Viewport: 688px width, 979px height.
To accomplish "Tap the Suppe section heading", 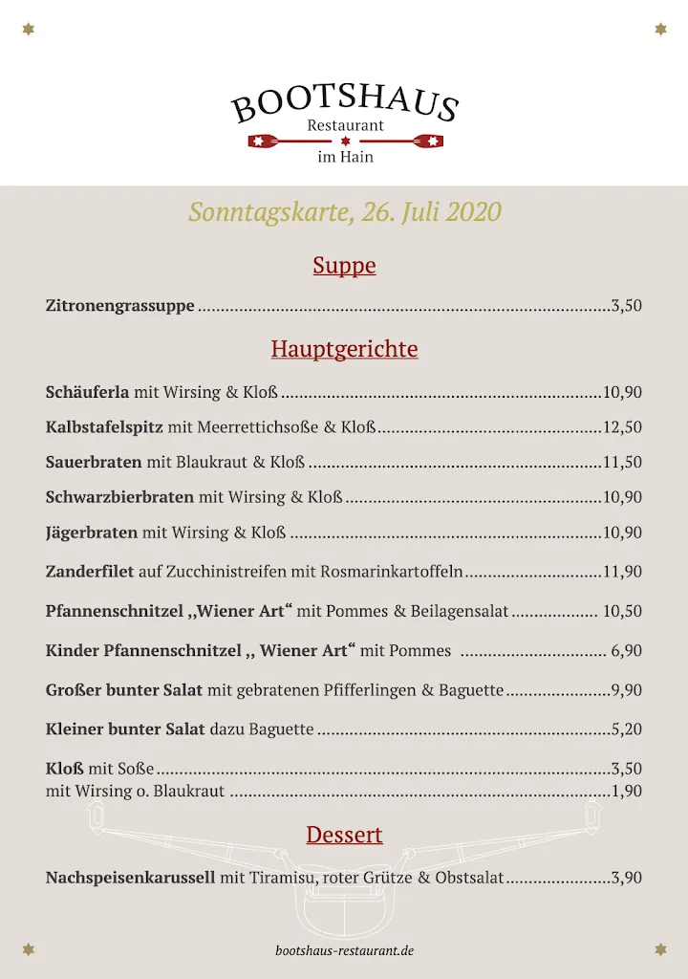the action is coord(344,265).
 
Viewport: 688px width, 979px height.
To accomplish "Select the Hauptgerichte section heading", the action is coord(344,349).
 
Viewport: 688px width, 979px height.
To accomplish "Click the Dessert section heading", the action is coord(344,835).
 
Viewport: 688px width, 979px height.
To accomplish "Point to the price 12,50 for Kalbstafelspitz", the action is coord(622,427).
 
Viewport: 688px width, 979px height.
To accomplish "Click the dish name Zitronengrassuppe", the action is coord(119,306).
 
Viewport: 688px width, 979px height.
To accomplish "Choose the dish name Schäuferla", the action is coord(87,392).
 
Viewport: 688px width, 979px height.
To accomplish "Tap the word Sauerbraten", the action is coord(94,463).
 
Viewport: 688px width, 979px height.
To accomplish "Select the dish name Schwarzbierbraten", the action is coord(119,497).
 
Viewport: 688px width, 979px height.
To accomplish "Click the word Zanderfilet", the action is coord(90,572).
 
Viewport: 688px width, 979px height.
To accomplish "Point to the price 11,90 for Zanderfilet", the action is coord(622,572).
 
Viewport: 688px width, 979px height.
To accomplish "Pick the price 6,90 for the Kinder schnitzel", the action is coord(626,651).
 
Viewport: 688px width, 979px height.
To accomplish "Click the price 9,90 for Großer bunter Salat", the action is coord(626,690).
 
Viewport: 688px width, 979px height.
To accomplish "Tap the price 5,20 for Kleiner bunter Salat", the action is coord(626,729).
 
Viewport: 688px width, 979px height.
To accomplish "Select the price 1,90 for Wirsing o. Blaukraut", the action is coord(626,792).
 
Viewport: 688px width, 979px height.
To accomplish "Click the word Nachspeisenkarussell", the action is coord(130,878).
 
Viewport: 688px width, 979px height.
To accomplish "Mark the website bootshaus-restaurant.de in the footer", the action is coord(344,951).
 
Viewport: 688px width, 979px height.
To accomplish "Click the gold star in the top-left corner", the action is coord(28,29).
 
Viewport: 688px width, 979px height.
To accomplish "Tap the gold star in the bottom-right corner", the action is coord(660,949).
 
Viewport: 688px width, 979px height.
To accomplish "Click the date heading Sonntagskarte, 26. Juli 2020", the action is coord(344,211).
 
